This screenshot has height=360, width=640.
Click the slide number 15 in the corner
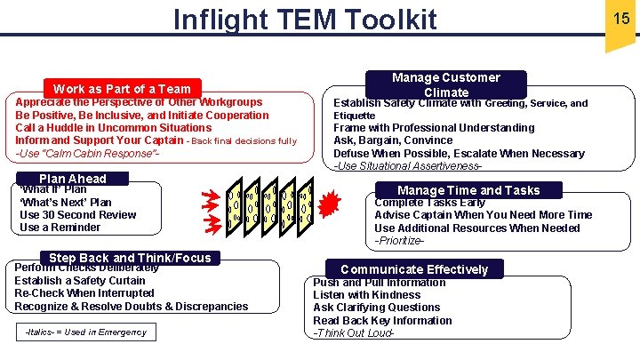[x=620, y=17]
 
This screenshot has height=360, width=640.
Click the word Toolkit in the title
[x=384, y=19]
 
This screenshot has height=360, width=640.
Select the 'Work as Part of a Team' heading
[x=122, y=88]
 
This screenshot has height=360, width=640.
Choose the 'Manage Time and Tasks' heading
[x=468, y=190]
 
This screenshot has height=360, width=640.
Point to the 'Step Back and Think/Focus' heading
[x=130, y=258]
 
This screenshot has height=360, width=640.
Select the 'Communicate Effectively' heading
[x=414, y=269]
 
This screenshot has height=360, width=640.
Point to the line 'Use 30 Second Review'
[x=77, y=214]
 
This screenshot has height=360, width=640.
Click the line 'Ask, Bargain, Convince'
[x=393, y=140]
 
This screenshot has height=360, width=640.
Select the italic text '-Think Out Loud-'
[x=353, y=333]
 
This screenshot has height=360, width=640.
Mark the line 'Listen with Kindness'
[x=366, y=295]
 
